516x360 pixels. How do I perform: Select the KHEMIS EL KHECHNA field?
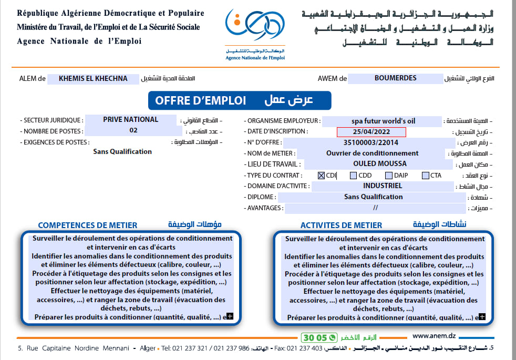(93, 79)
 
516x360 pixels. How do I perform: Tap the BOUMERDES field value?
(395, 78)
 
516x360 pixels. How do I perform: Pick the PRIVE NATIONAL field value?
(130, 120)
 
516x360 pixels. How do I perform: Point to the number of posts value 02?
(133, 130)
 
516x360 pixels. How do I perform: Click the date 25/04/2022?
(371, 132)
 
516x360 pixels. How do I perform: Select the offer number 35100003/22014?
(370, 142)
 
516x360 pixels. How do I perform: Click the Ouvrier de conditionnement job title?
(372, 153)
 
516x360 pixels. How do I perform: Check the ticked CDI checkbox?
(322, 176)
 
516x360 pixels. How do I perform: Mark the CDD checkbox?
(353, 176)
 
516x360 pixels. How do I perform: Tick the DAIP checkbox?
(389, 176)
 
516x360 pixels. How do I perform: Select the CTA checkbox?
(425, 176)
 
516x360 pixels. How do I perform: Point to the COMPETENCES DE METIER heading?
(88, 225)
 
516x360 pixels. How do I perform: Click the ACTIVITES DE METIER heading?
(341, 225)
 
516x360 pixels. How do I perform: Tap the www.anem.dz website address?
(434, 336)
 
